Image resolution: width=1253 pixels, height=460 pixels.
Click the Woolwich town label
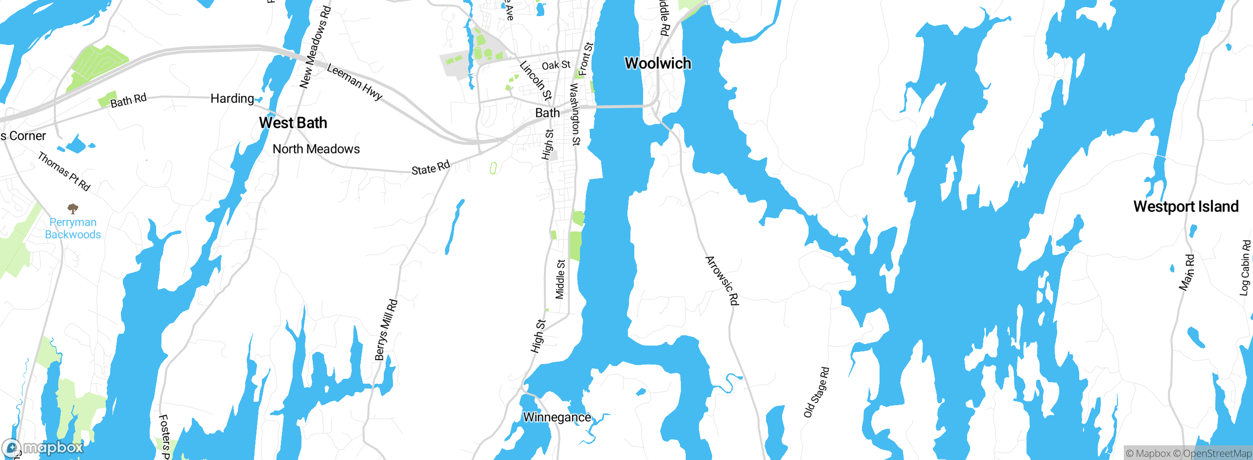(x=658, y=63)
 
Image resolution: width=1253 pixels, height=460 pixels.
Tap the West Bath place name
(x=293, y=122)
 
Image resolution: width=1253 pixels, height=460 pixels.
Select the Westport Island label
(x=1185, y=206)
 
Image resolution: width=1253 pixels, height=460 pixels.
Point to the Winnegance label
(x=557, y=417)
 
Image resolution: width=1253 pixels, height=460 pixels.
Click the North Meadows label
(x=316, y=149)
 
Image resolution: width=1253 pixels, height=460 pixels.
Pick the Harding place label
(x=232, y=98)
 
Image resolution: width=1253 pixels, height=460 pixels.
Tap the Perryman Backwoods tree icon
(x=73, y=209)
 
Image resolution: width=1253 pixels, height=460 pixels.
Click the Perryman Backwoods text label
(x=73, y=228)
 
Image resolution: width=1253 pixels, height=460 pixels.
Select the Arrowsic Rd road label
(x=722, y=280)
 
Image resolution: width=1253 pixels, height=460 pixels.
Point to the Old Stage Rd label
(x=816, y=392)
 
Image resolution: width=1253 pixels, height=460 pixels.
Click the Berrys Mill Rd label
(x=386, y=330)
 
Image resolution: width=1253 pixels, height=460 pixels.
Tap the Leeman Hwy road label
(x=354, y=82)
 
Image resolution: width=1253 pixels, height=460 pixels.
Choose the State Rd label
(x=430, y=168)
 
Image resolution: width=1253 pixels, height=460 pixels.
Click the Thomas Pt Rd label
(x=64, y=171)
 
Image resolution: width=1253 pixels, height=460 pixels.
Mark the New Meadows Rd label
(x=315, y=47)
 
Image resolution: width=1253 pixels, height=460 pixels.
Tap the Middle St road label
(x=560, y=279)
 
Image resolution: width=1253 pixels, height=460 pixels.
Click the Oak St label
(x=556, y=65)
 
